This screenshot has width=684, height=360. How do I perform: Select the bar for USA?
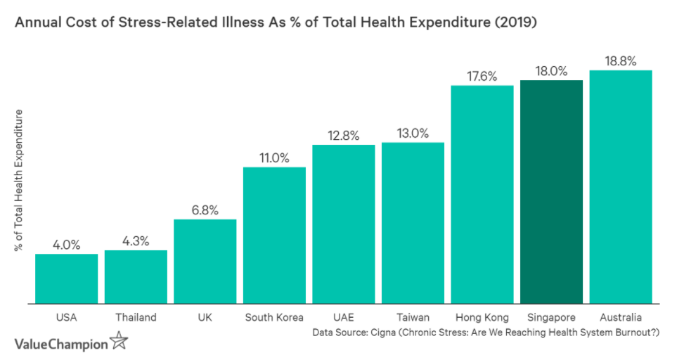66,278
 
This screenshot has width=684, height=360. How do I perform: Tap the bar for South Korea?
274,235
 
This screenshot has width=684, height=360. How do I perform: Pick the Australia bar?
621,186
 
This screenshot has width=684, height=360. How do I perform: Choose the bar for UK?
205,261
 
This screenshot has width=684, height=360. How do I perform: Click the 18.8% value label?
621,61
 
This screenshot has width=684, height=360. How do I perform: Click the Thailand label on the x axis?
136,318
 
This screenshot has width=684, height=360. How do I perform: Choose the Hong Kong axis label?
482,318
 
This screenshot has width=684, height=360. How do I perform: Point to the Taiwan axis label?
413,318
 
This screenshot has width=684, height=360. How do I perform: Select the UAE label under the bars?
344,318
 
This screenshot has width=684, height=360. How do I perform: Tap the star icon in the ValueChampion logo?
120,343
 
